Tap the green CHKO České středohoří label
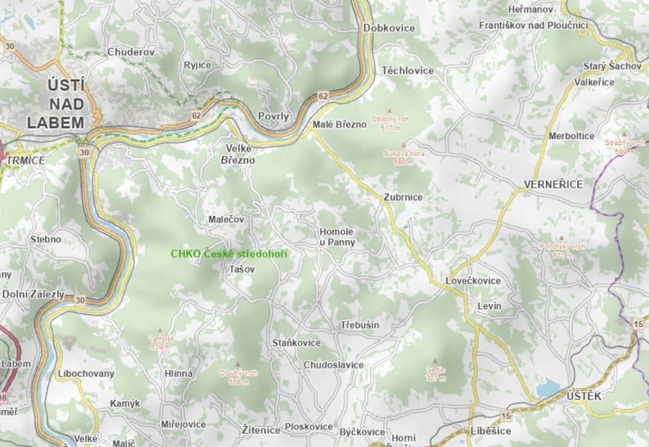(229, 254)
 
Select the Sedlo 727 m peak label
(436, 374)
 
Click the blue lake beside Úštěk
(547, 387)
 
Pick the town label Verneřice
(553, 184)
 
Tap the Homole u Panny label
(337, 237)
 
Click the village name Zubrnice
(403, 197)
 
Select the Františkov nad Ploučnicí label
(533, 25)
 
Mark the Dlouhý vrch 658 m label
(238, 377)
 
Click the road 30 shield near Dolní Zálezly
(80, 300)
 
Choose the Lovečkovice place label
(473, 280)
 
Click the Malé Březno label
(340, 125)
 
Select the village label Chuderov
(131, 52)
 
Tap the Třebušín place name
(360, 325)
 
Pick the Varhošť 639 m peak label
(160, 342)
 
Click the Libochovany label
(86, 373)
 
